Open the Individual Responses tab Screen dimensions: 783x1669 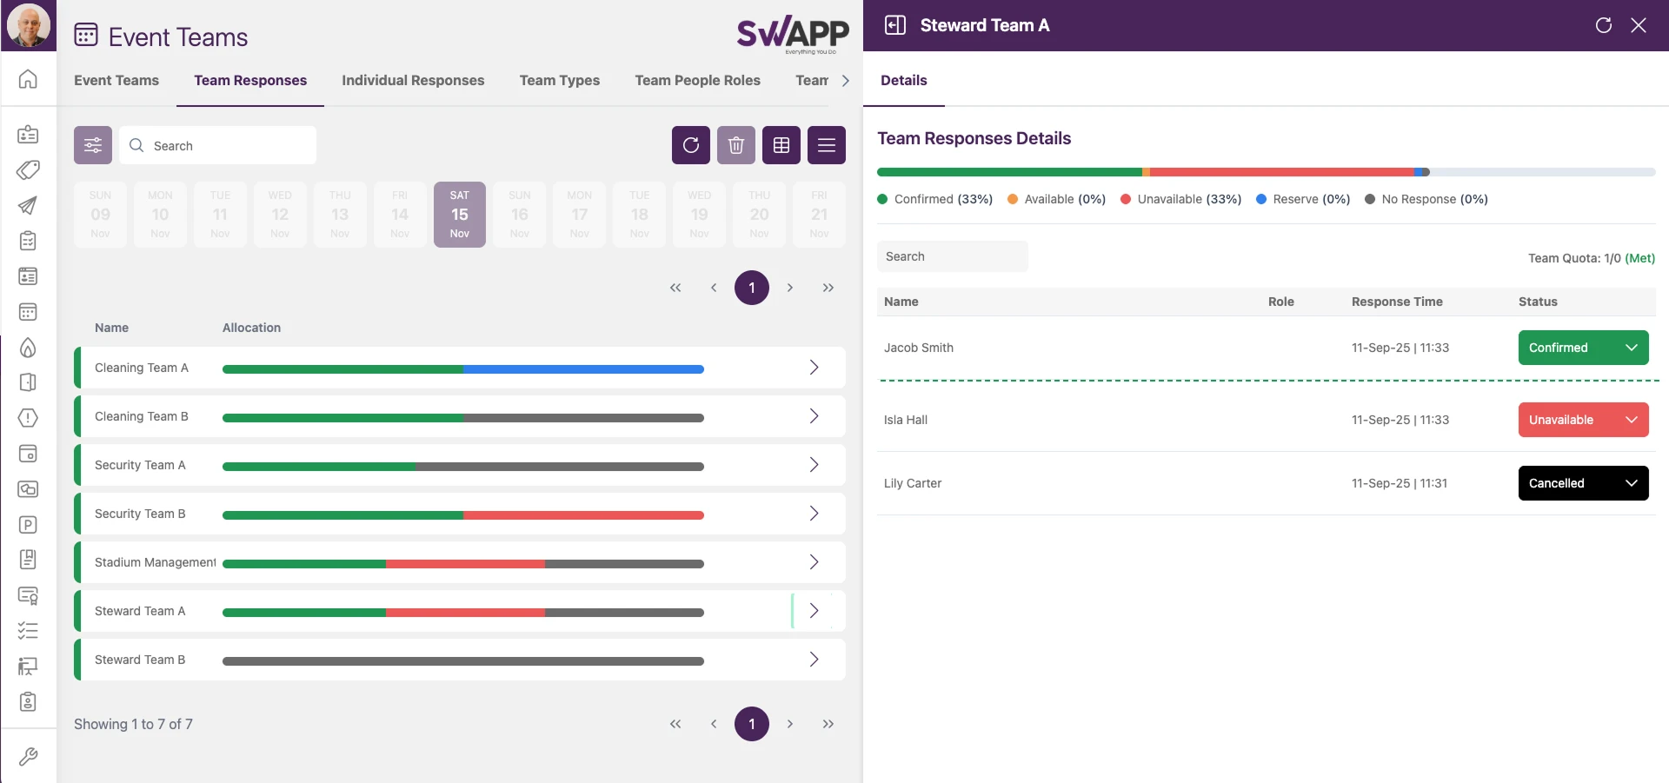click(413, 80)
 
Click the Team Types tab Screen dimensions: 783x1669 click(559, 80)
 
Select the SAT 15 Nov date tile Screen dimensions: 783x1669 click(459, 214)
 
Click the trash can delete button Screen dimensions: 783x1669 click(735, 145)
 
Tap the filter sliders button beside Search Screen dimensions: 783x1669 click(93, 145)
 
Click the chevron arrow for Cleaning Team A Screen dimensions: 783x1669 click(814, 368)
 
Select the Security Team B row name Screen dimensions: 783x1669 click(140, 514)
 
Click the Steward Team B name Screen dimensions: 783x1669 click(140, 660)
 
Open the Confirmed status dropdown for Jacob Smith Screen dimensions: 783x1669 click(1582, 348)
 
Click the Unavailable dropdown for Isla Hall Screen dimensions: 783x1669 click(1582, 420)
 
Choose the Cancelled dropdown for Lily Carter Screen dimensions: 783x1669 click(1582, 483)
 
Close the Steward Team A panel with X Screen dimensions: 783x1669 click(1639, 25)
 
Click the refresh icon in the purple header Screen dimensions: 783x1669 click(1604, 25)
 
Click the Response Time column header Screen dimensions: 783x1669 click(1397, 302)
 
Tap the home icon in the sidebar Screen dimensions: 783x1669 click(28, 79)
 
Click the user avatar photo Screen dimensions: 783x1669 click(28, 25)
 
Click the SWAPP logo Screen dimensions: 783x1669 click(792, 34)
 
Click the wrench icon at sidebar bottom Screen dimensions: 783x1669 click(28, 756)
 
